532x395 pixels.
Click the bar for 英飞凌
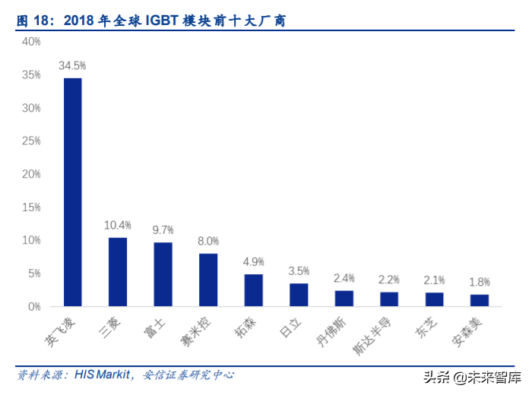72,192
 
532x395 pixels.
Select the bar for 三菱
118,272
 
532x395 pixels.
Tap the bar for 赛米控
208,280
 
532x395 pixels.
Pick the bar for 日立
299,295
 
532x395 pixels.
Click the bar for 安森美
480,300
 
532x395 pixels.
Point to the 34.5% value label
72,66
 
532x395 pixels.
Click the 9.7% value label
163,230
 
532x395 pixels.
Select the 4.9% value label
253,262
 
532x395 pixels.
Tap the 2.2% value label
389,280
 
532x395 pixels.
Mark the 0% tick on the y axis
33,306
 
